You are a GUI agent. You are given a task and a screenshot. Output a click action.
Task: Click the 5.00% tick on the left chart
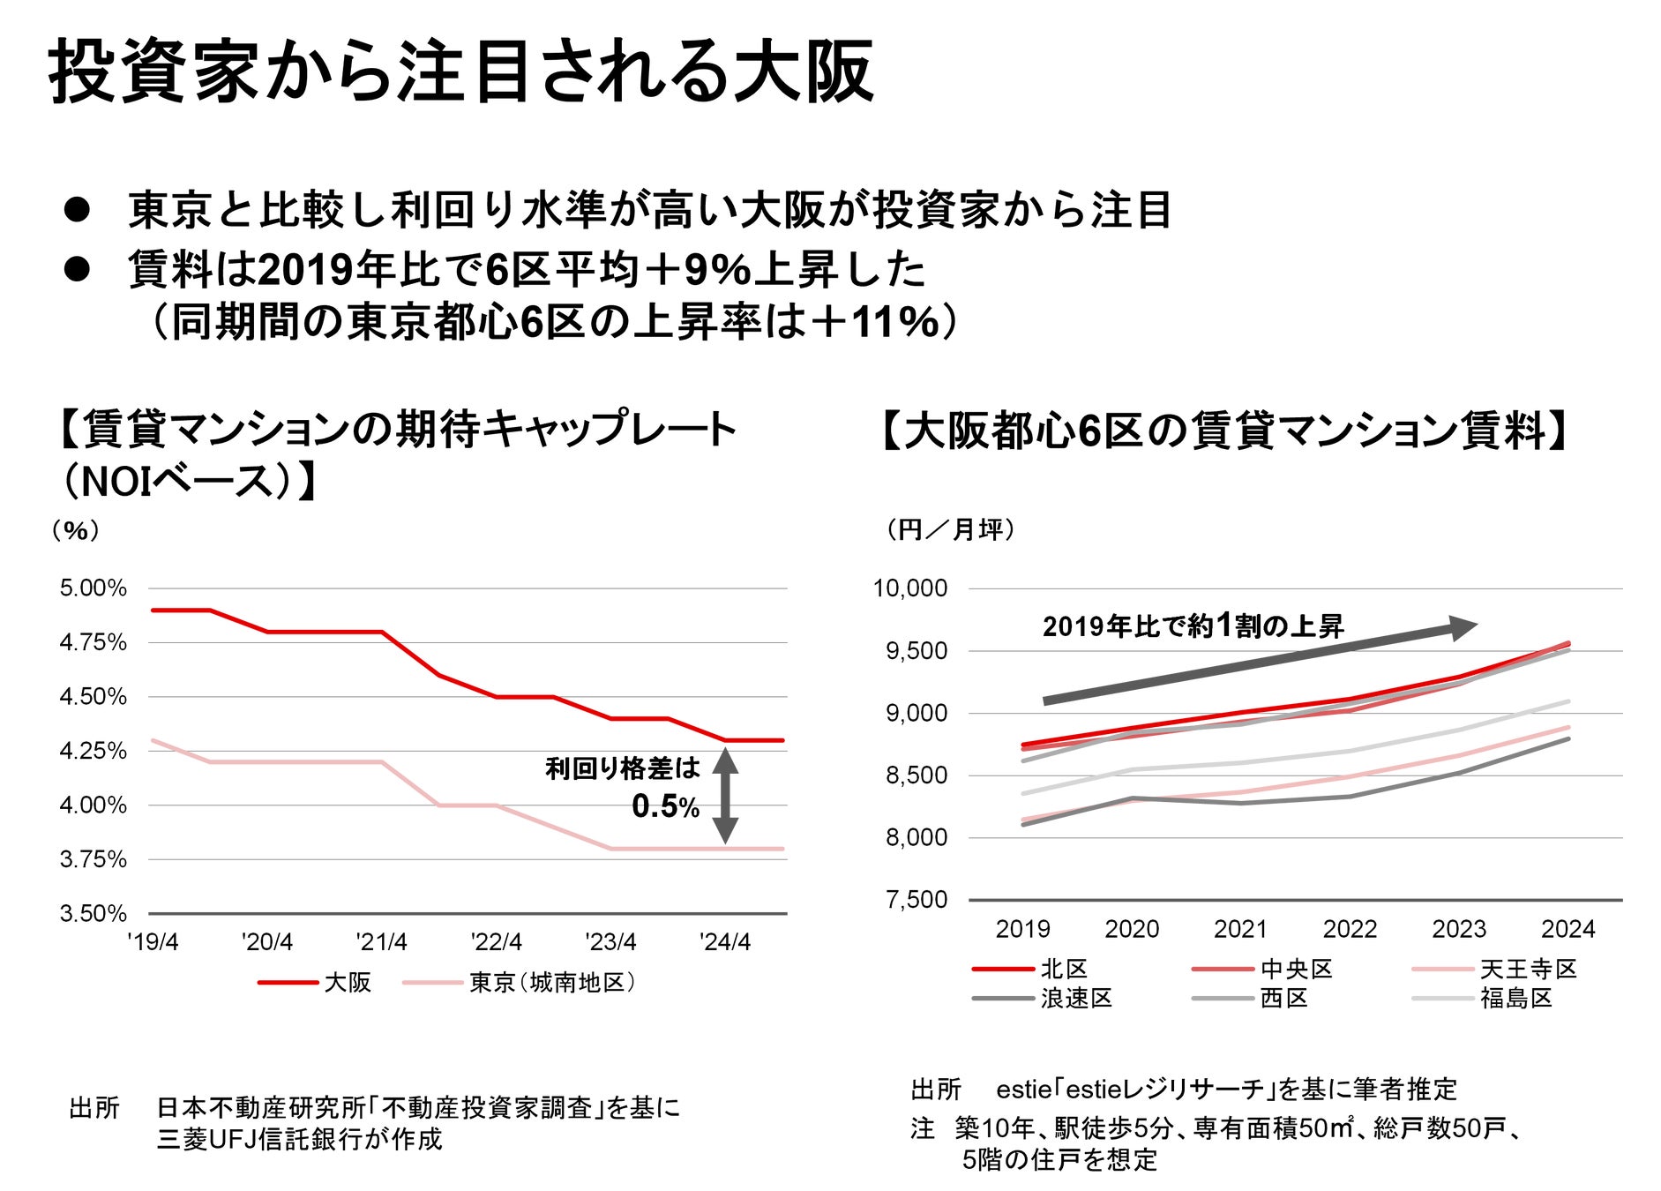point(93,588)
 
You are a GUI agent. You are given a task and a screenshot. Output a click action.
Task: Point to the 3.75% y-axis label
point(93,859)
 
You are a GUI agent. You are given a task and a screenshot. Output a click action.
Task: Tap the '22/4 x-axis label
point(496,942)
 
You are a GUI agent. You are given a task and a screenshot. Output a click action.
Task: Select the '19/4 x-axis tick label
point(153,942)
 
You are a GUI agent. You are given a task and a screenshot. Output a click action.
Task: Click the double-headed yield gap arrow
point(725,795)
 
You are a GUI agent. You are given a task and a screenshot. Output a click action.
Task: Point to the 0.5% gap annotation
point(665,806)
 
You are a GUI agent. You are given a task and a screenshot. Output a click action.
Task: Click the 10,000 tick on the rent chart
point(910,588)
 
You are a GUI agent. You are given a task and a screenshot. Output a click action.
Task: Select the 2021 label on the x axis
point(1240,929)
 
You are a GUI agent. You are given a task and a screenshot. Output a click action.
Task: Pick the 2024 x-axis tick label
point(1567,929)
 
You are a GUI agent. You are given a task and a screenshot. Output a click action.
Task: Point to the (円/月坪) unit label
point(951,530)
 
